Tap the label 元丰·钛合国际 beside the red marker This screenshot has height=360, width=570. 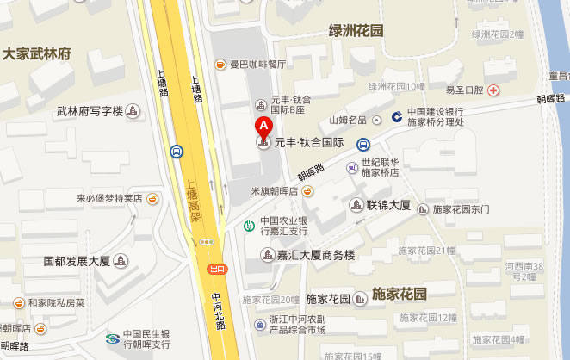pyautogui.click(x=308, y=143)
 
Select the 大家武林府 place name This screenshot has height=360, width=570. pyautogui.click(x=36, y=53)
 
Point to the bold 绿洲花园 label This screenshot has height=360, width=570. pyautogui.click(x=356, y=31)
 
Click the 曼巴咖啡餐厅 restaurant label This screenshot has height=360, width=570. pyautogui.click(x=257, y=65)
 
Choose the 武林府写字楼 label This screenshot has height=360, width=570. pyautogui.click(x=89, y=111)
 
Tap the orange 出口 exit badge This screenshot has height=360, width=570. pyautogui.click(x=216, y=270)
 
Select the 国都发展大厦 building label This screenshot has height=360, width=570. pyautogui.click(x=77, y=260)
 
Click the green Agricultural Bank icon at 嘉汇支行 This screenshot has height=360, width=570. pyautogui.click(x=249, y=226)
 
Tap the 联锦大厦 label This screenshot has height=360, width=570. pyautogui.click(x=387, y=205)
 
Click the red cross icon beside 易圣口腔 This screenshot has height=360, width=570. pyautogui.click(x=492, y=90)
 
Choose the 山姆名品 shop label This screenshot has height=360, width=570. pyautogui.click(x=348, y=120)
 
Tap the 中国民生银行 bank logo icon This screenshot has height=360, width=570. pyautogui.click(x=112, y=338)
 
